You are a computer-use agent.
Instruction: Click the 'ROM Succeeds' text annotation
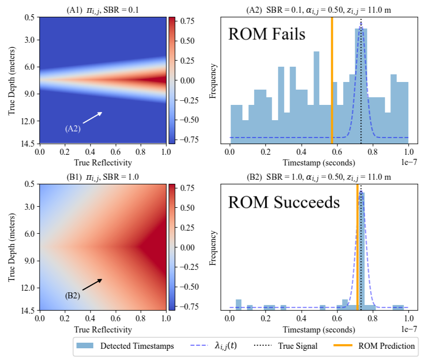pyautogui.click(x=284, y=202)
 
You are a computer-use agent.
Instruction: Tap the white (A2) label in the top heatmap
pyautogui.click(x=72, y=129)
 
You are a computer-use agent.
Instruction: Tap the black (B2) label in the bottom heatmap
pyautogui.click(x=72, y=295)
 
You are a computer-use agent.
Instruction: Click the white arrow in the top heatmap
pyautogui.click(x=92, y=118)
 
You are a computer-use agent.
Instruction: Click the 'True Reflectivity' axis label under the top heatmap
pyautogui.click(x=102, y=163)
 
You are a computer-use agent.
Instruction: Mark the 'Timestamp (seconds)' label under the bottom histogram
pyautogui.click(x=319, y=330)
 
